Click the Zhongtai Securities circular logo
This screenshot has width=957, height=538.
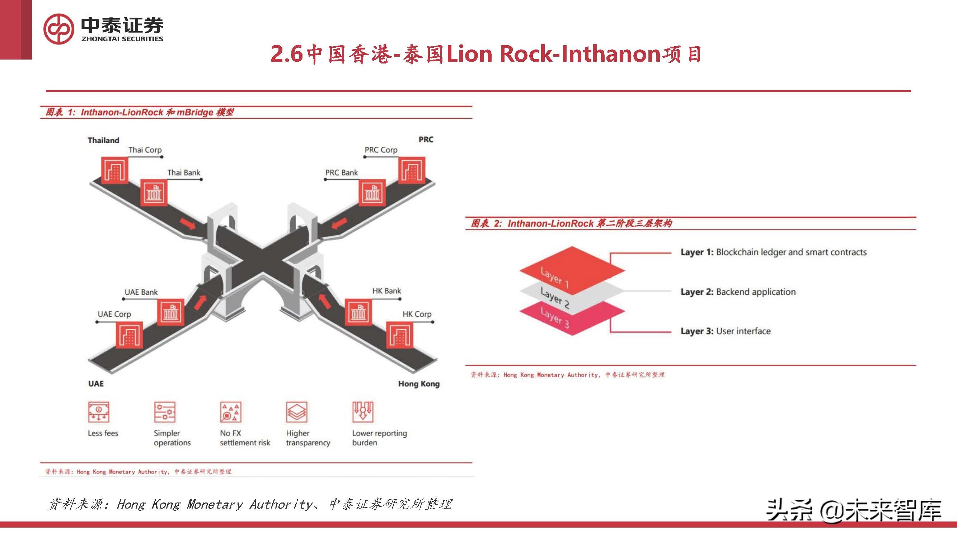tap(58, 29)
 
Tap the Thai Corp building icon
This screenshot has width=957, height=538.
tap(115, 170)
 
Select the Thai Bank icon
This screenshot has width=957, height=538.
tap(154, 192)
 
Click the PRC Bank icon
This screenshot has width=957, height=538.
tap(372, 192)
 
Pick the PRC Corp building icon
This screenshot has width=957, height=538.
tap(412, 170)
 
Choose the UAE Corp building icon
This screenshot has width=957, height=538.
tap(129, 335)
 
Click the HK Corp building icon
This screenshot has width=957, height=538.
tap(400, 335)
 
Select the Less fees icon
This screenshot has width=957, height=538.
tap(98, 412)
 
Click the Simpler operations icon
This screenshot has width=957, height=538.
tap(165, 412)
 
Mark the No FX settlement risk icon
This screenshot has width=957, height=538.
tap(231, 412)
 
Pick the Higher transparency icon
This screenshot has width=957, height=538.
tap(297, 412)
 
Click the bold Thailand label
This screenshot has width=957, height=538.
tap(103, 140)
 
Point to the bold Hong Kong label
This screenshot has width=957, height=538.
tap(419, 384)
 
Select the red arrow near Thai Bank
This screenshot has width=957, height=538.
tap(188, 223)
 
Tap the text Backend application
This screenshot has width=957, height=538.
tap(756, 292)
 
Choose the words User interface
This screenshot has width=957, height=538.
tap(743, 331)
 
